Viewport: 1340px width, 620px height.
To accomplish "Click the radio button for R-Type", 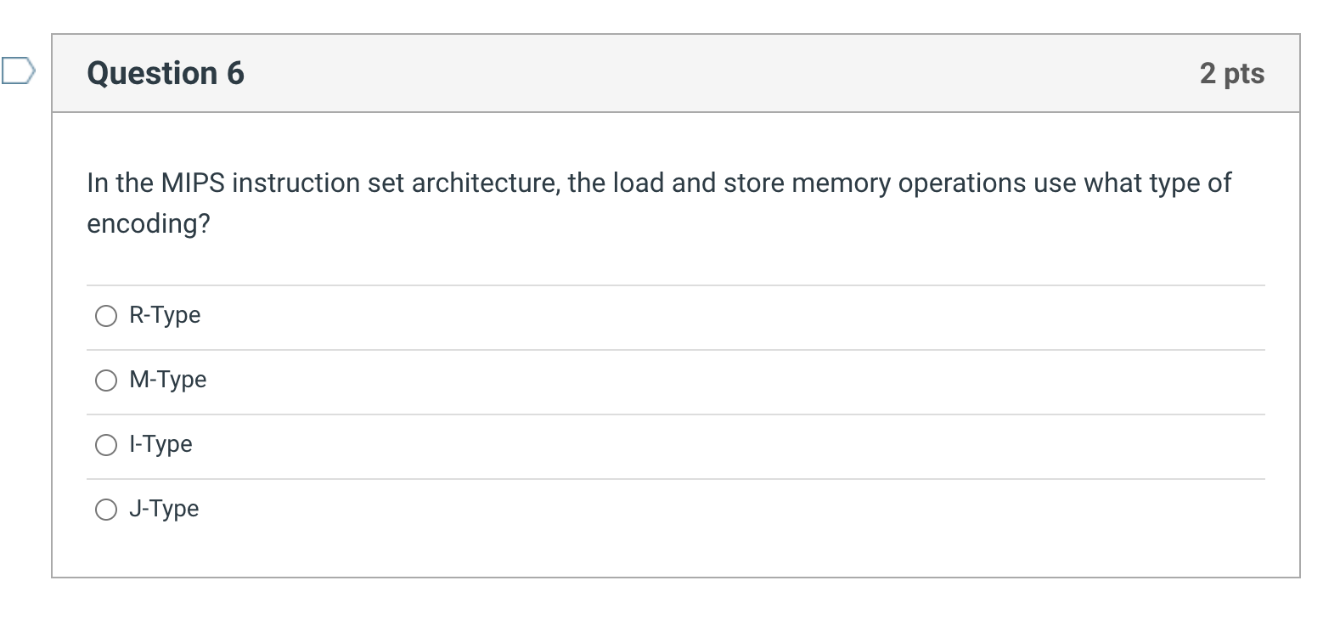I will (106, 316).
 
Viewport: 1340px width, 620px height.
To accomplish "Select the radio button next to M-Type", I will (106, 380).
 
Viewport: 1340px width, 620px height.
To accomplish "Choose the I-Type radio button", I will (106, 445).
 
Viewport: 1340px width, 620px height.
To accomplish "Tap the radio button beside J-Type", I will (106, 510).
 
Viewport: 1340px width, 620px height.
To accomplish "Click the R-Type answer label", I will (165, 315).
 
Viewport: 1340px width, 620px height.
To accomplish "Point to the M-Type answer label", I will (168, 380).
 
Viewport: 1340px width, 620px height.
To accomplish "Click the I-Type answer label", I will (160, 444).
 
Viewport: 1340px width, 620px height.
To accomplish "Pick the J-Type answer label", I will (164, 509).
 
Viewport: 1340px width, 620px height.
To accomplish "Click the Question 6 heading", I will (166, 73).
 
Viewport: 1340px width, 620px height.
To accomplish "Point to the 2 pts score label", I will (1231, 73).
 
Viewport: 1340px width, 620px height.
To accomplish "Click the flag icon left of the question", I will (18, 70).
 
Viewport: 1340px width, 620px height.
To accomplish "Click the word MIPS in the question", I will (193, 183).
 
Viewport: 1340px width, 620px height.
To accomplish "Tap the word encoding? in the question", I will (149, 223).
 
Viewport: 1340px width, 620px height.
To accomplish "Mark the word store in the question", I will (754, 183).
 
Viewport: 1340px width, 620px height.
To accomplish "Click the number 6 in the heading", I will (235, 73).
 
